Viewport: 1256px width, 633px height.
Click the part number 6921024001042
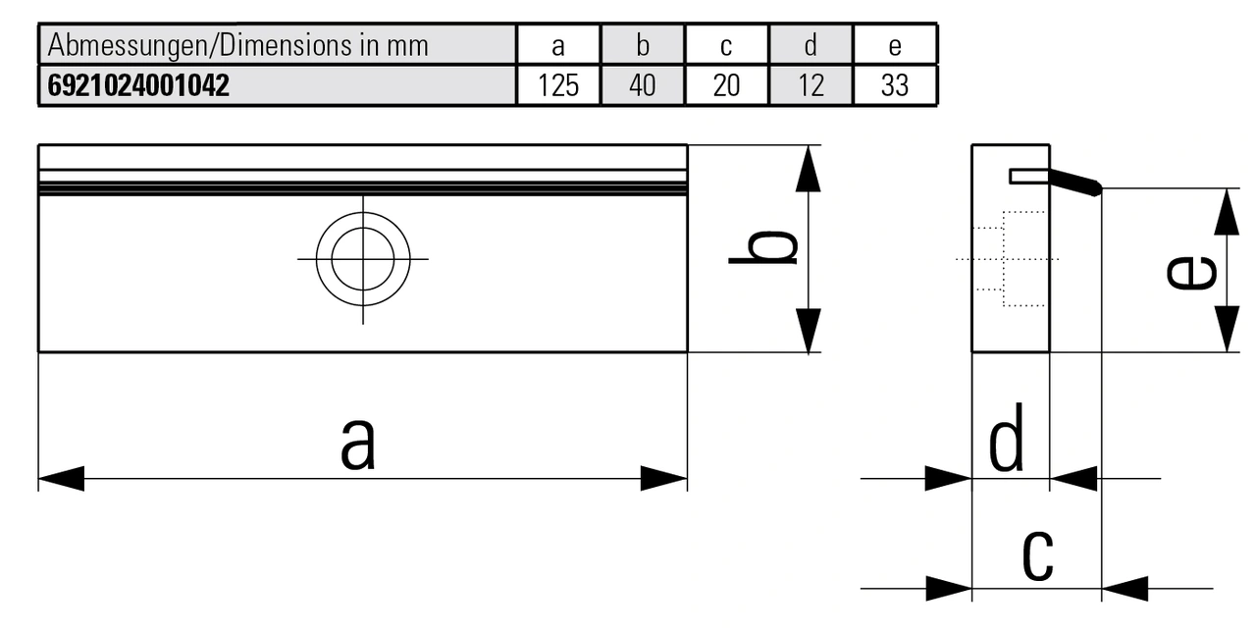point(138,85)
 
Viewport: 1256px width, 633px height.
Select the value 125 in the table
point(558,85)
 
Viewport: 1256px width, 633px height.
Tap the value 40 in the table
point(642,85)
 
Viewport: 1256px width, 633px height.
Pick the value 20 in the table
point(726,85)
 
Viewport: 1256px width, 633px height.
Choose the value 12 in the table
point(811,85)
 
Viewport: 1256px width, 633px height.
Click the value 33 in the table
point(895,85)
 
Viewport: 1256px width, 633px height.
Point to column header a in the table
point(558,45)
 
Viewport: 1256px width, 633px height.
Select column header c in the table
point(726,45)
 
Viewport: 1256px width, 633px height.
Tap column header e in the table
point(895,45)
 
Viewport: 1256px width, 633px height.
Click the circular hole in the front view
point(363,259)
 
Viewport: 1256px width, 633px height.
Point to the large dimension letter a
point(358,443)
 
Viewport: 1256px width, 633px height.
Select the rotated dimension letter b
point(763,248)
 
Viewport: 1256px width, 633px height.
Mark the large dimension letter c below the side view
point(1037,554)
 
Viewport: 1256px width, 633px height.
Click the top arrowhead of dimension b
point(808,169)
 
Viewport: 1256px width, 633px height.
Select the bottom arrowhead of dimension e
point(1227,329)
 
